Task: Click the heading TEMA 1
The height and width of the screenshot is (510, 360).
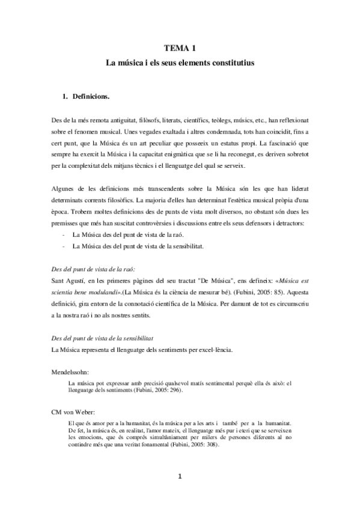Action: (x=180, y=48)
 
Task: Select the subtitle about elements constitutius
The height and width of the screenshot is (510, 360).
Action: (x=180, y=62)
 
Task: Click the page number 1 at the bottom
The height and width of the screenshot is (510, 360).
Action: (x=180, y=478)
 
